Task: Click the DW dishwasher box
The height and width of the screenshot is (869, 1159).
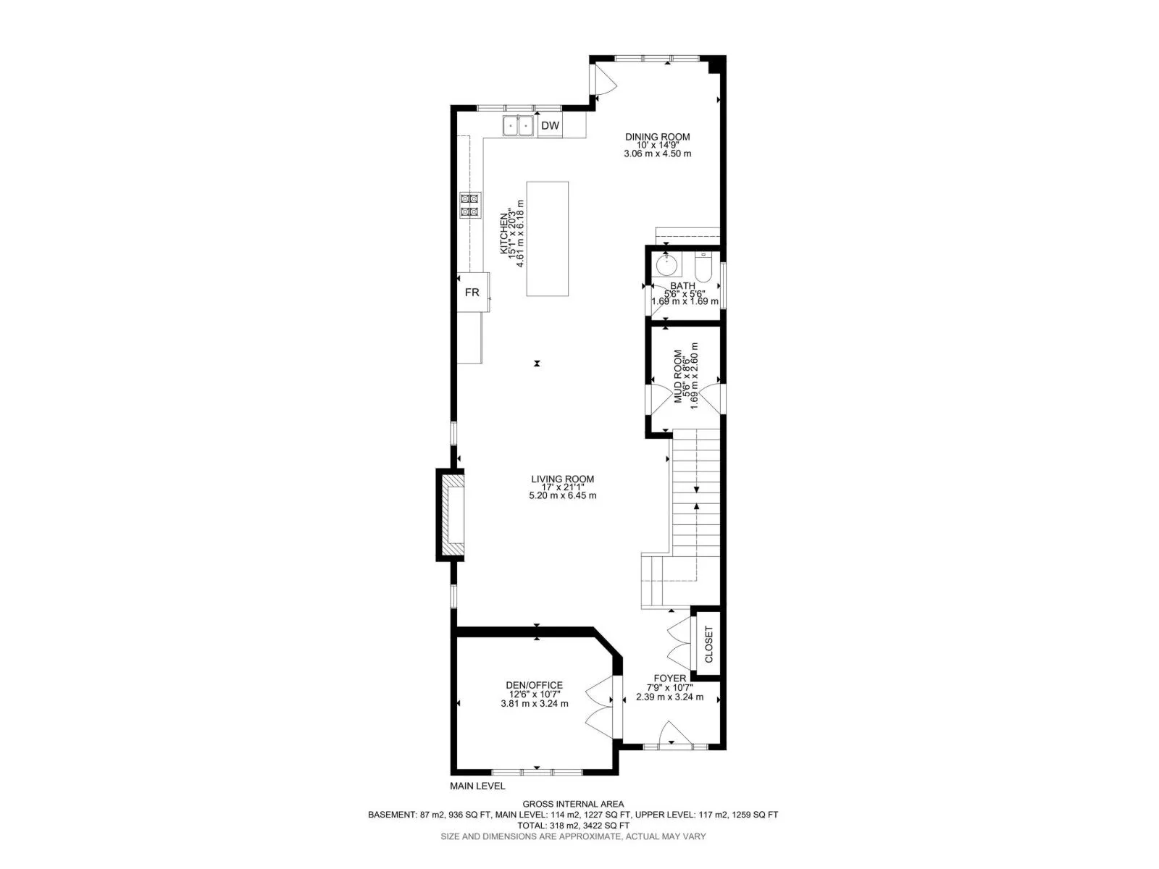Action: (551, 125)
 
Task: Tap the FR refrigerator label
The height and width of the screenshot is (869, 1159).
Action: (472, 293)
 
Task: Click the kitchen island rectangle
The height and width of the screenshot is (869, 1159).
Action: (548, 238)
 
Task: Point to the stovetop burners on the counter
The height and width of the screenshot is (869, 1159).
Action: (101, 205)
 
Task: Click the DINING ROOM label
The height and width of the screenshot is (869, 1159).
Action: (658, 137)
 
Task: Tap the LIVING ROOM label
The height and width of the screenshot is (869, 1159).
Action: (562, 479)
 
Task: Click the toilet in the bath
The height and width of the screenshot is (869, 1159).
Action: (703, 267)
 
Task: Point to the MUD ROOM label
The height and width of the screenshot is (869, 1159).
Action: (678, 377)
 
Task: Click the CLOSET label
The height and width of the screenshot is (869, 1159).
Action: (708, 645)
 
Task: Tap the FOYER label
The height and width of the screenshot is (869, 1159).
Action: (669, 679)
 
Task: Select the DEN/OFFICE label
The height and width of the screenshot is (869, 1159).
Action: (535, 685)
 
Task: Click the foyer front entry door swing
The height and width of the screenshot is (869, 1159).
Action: (675, 732)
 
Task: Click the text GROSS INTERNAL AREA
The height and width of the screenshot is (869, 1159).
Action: (573, 804)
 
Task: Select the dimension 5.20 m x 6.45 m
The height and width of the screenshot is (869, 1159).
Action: (562, 496)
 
